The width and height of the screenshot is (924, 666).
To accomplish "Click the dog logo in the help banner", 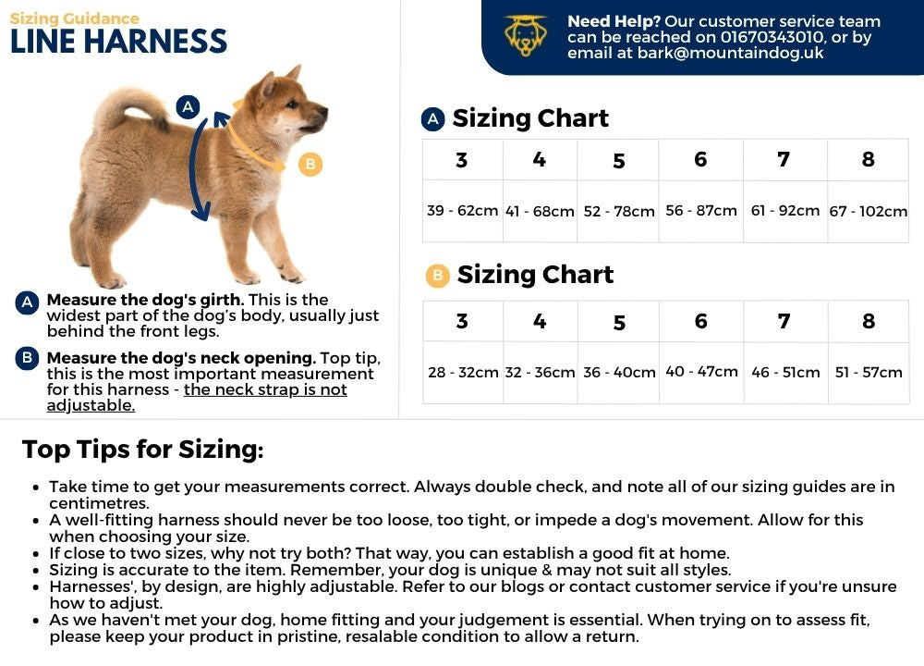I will (x=526, y=35).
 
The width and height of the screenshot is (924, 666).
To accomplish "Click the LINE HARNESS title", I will (x=118, y=42).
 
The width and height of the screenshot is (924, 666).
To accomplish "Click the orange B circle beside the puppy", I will (x=310, y=165).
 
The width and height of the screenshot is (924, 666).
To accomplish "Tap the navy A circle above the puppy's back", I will (x=188, y=106).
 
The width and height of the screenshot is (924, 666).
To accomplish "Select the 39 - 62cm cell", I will (x=462, y=211).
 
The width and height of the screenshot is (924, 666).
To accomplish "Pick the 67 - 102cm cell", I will (x=868, y=212).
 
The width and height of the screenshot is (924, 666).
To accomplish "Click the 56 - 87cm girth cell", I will (x=700, y=211).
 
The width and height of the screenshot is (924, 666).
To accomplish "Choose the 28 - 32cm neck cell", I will (x=462, y=373).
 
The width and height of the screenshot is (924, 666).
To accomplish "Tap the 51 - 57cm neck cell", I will (x=868, y=372).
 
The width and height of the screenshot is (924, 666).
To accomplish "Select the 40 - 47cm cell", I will (x=700, y=372).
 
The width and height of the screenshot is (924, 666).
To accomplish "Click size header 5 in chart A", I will (x=618, y=161).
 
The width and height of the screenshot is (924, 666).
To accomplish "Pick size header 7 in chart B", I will (x=784, y=322).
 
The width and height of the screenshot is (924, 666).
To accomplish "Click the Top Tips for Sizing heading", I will (x=142, y=450).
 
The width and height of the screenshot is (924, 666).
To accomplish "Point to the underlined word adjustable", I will (x=91, y=405).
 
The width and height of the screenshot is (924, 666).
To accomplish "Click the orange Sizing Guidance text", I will (x=75, y=18).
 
